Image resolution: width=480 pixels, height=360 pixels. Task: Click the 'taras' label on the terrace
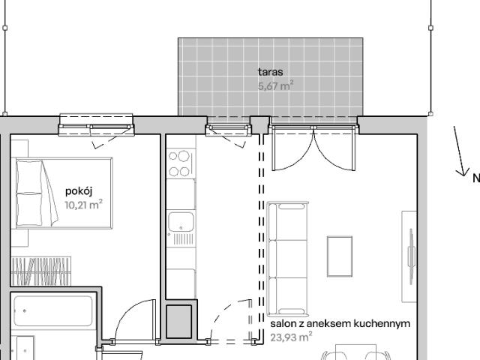270,72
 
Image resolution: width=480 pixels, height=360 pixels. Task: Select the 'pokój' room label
78,191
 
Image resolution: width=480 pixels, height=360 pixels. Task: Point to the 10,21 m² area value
83,204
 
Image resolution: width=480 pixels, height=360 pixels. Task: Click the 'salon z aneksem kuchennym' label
340,324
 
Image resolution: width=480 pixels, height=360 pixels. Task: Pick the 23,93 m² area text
289,337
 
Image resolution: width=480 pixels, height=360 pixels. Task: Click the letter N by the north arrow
475,178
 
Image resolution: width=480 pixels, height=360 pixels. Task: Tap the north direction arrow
460,151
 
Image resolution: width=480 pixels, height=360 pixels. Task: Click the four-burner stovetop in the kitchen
180,163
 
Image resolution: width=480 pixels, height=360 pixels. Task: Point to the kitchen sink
181,223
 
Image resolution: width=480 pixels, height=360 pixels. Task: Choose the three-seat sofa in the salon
288,258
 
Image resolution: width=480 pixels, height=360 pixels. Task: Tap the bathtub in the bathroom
52,310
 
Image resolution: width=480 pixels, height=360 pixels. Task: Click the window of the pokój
96,124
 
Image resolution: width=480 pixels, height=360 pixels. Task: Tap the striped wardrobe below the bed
49,271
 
